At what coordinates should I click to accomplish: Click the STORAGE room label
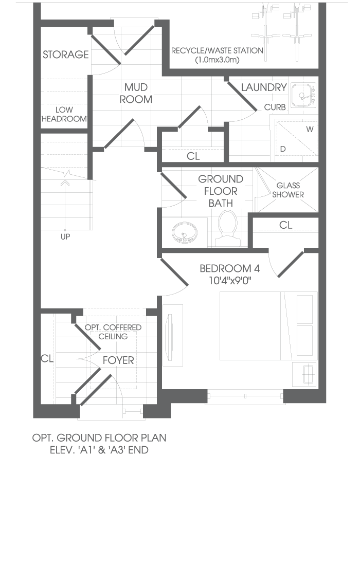66,54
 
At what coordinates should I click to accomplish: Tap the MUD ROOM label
136,93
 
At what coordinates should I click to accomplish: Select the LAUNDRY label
264,87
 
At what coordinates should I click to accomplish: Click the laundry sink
303,95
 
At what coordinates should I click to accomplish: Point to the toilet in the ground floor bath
227,228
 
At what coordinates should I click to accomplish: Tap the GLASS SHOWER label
288,190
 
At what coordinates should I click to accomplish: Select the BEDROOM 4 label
230,268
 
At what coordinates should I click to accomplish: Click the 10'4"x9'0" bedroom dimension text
230,281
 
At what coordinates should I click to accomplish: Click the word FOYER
118,360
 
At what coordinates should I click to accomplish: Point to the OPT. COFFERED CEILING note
113,332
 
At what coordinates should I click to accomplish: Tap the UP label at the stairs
65,237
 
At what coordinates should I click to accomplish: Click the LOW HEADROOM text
64,114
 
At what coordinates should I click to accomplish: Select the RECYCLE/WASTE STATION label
217,55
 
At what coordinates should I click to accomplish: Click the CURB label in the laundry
275,107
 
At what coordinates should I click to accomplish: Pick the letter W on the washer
310,129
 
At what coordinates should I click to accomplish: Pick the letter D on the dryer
283,149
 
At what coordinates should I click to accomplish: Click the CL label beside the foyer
47,359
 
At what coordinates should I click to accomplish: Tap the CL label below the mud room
193,156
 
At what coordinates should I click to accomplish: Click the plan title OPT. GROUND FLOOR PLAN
99,438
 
